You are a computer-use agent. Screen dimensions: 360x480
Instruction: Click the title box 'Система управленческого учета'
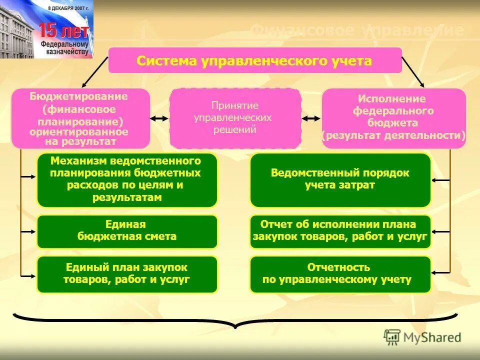(255, 60)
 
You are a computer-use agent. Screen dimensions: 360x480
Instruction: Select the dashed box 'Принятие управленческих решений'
(235, 118)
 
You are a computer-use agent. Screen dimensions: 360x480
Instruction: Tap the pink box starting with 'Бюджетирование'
(80, 118)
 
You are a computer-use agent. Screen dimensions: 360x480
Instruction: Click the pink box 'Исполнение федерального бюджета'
(393, 118)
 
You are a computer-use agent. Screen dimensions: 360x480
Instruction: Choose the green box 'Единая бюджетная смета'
(127, 231)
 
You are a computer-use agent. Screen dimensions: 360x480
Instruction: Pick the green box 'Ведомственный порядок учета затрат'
(340, 180)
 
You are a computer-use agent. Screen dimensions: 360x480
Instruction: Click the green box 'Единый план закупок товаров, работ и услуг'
(127, 274)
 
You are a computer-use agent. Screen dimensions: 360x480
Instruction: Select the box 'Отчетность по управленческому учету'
(340, 274)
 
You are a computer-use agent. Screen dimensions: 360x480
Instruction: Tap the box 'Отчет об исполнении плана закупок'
(340, 231)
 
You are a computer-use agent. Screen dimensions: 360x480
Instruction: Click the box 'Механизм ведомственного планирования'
(127, 180)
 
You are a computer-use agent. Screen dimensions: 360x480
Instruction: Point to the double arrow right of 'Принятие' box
(311, 118)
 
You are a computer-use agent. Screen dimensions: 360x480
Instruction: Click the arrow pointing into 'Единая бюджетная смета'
(29, 232)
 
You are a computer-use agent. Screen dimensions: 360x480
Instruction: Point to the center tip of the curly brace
(235, 327)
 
